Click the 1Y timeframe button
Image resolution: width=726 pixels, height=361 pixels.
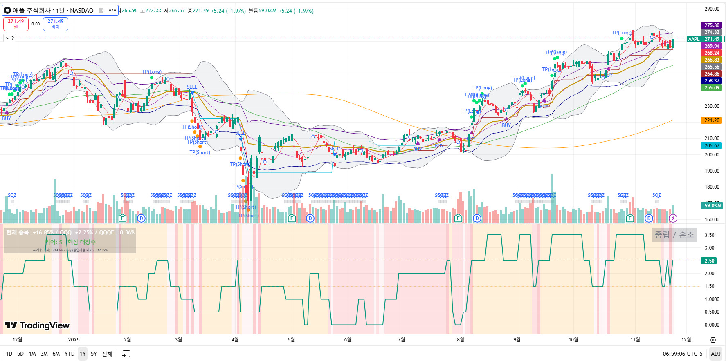83,354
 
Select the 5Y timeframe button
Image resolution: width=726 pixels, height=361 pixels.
94,354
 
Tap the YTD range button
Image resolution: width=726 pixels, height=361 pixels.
70,354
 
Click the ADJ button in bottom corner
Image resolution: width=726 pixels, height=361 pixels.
715,354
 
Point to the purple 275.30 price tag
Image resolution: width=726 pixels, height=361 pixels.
712,25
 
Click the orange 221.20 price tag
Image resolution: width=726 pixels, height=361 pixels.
712,120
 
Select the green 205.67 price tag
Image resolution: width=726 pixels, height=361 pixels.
712,146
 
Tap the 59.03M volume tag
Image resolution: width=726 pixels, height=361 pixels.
713,206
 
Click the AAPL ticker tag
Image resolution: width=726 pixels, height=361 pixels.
694,39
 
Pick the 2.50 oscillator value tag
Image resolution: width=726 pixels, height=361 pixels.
709,261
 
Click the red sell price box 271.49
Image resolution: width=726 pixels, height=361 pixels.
16,24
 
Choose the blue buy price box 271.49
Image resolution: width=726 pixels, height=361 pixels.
56,24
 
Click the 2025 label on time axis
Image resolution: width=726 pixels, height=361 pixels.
74,340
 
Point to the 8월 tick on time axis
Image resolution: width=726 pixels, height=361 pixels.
461,340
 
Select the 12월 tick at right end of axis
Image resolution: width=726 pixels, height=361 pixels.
686,340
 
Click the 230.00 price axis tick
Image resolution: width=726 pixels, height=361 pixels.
712,106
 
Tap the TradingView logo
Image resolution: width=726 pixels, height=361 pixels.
37,325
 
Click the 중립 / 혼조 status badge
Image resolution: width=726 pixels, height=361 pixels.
674,235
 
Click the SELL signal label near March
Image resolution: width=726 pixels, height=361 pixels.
192,87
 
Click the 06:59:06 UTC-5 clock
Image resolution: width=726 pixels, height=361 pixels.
682,354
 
